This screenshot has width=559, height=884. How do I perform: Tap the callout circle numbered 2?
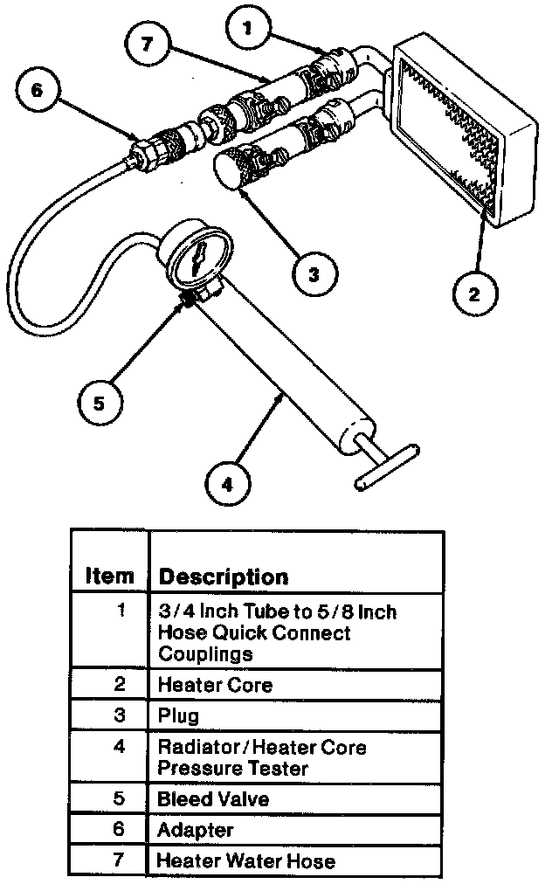tap(473, 294)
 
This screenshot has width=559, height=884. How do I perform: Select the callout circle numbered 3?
tap(312, 275)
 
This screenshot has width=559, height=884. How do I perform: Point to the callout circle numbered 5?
tap(99, 403)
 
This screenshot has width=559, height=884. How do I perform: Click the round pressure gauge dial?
tap(196, 259)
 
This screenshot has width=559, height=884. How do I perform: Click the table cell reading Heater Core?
tap(295, 685)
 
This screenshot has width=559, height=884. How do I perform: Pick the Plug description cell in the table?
tap(295, 715)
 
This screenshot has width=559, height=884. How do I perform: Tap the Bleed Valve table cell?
tap(295, 798)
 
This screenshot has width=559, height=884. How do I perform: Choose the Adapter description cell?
tap(295, 829)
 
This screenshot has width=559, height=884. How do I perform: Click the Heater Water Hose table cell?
tap(295, 860)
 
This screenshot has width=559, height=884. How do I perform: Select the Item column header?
tap(110, 577)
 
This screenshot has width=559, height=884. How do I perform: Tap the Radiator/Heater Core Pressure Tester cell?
tap(295, 757)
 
